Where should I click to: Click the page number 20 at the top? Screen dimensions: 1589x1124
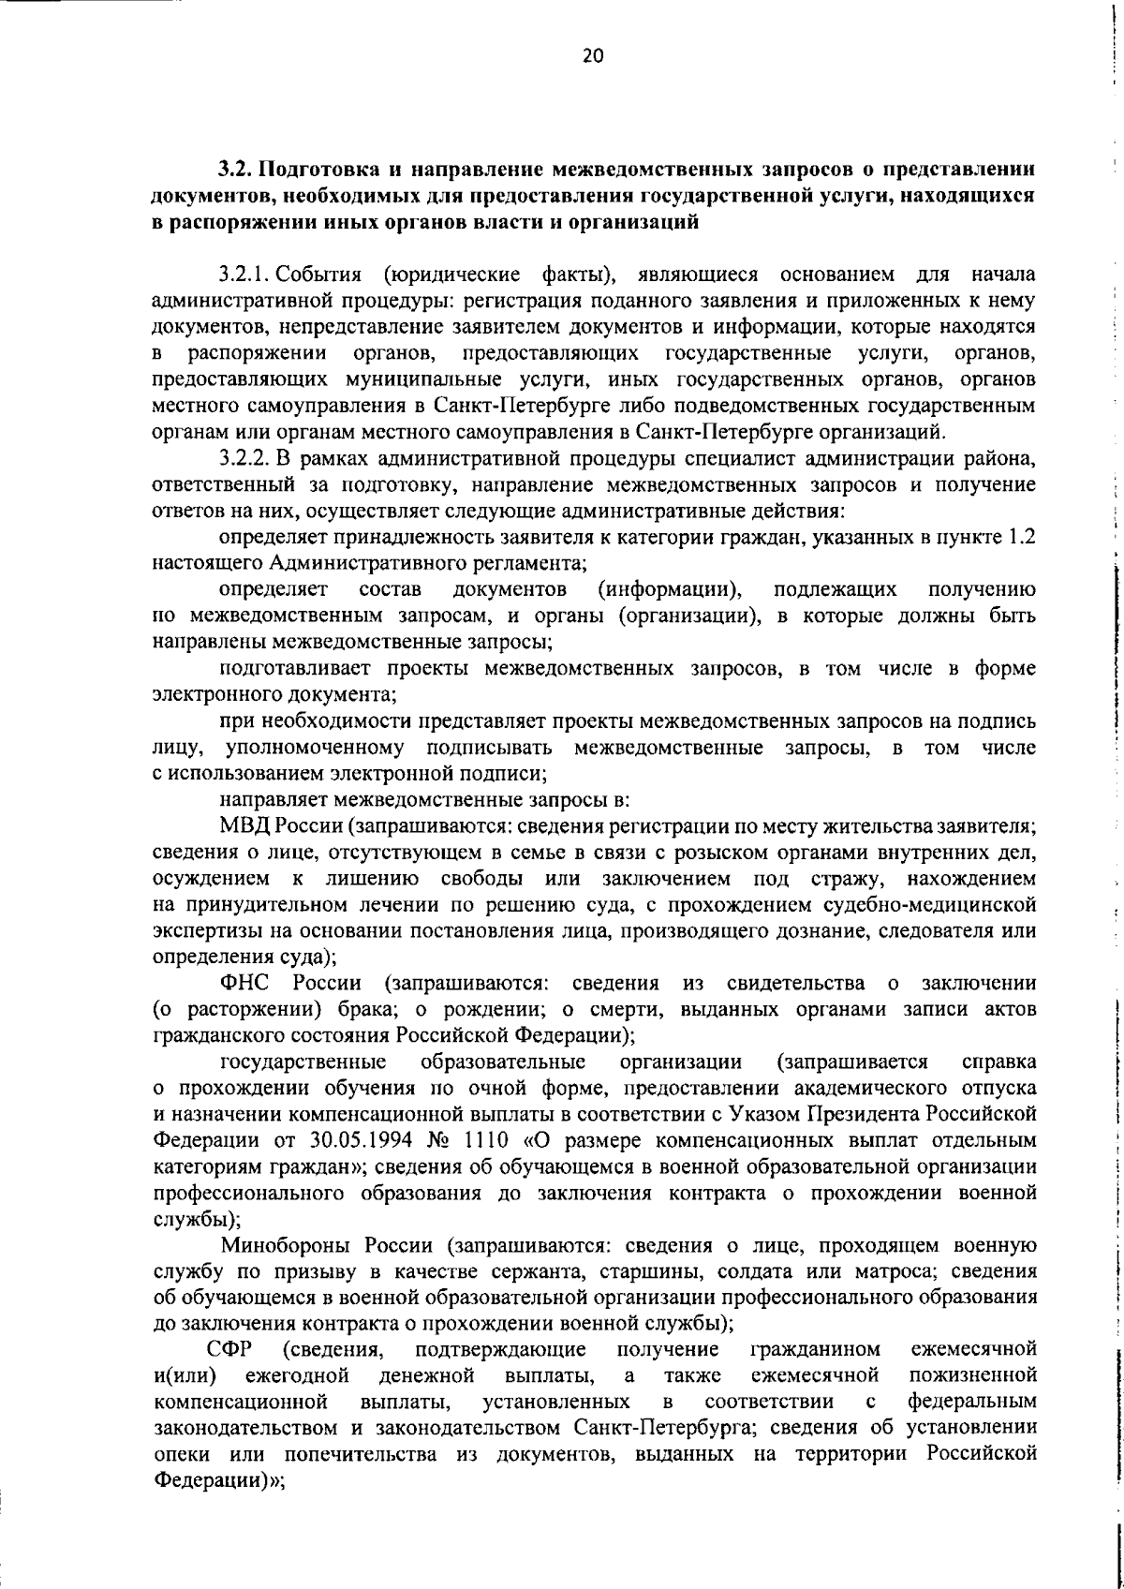[593, 56]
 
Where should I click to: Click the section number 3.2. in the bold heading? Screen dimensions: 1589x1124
[236, 171]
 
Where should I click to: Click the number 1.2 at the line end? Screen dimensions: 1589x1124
[1020, 538]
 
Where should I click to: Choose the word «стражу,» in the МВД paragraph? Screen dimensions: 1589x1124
[821, 879]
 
